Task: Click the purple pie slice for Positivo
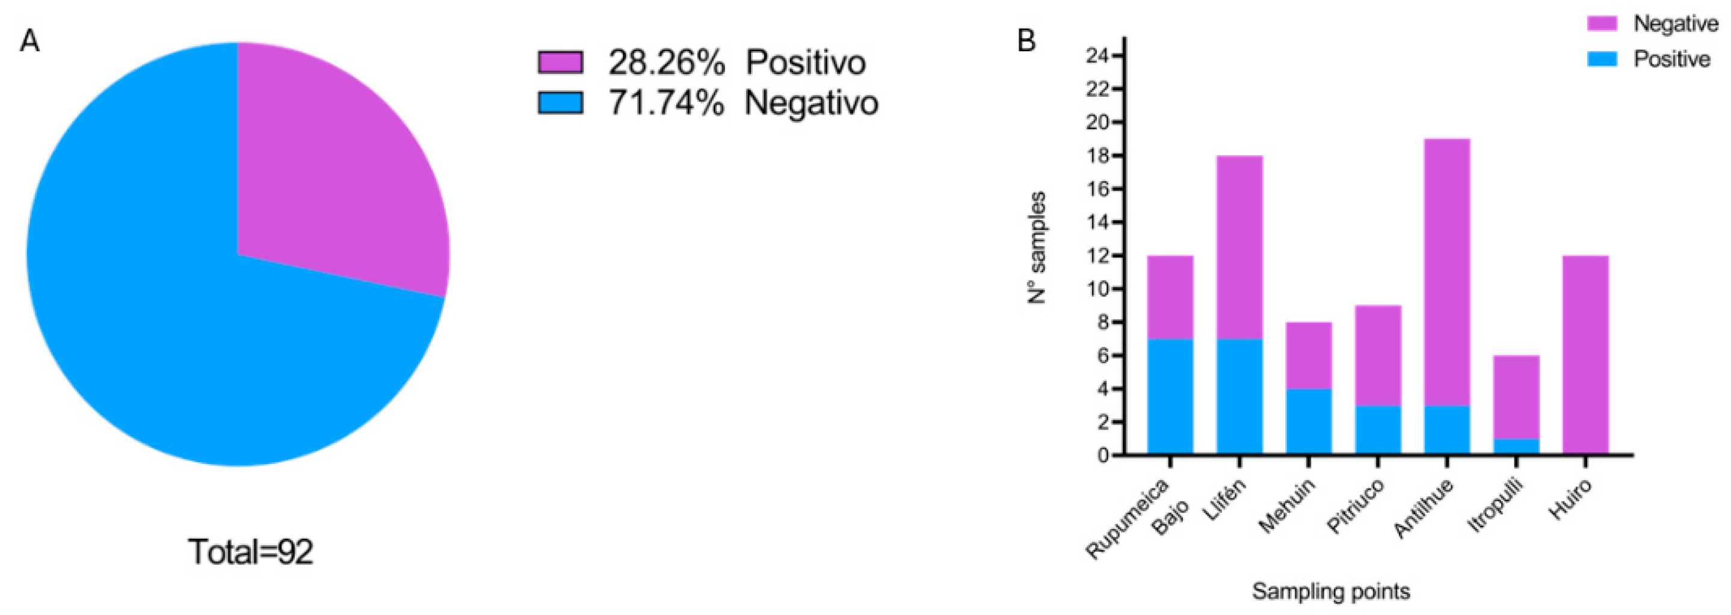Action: pos(336,168)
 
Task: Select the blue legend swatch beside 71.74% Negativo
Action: pos(560,103)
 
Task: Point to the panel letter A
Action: pos(29,42)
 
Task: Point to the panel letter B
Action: pos(1026,42)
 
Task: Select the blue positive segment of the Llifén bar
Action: pos(1240,397)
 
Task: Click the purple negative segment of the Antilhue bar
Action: pos(1447,269)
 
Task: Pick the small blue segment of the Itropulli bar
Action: pos(1516,447)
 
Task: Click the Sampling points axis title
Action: pos(1330,592)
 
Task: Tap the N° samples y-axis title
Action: pos(1037,247)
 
